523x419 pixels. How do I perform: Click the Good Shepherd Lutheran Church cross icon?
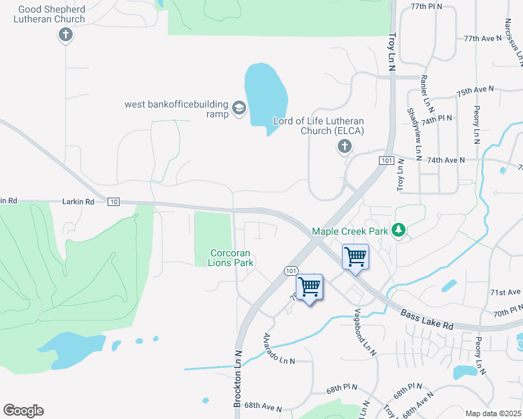[x=66, y=35]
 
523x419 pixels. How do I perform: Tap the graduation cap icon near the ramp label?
[x=238, y=108]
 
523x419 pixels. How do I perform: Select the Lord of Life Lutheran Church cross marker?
[x=343, y=147]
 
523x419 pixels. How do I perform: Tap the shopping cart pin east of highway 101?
[x=355, y=257]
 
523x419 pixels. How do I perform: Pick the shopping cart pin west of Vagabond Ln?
[x=309, y=286]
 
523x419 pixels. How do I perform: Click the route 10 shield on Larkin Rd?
[x=113, y=201]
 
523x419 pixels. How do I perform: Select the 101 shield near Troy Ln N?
[x=386, y=161]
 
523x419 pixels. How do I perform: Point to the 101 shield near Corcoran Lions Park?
[x=290, y=270]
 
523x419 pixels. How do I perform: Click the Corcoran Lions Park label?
[x=230, y=258]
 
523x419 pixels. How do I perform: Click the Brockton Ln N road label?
[x=238, y=377]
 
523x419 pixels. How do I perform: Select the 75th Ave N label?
[x=475, y=91]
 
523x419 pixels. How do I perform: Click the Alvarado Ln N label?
[x=278, y=350]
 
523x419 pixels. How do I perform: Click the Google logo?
[x=23, y=411]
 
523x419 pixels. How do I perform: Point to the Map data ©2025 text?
[x=493, y=413]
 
